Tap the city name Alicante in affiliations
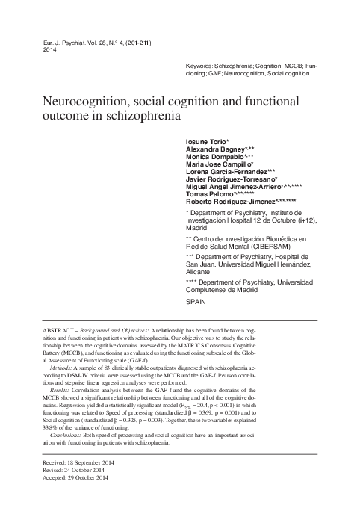199,274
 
